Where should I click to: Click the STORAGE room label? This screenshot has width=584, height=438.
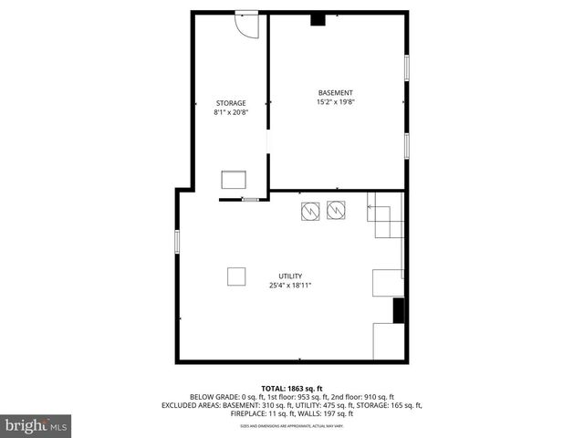point(231,102)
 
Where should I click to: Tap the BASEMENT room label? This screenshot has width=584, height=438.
point(335,92)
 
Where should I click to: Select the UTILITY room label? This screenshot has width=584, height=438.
point(291,276)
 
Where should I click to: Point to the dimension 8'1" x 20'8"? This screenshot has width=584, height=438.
point(231,112)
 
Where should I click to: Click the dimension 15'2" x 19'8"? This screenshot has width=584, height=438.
point(335,102)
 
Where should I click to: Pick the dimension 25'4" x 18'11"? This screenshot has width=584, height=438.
point(291,286)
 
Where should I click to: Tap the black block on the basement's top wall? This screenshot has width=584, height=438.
point(318,18)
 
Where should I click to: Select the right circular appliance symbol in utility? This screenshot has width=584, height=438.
point(336,211)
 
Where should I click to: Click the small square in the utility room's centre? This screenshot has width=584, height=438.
point(236,276)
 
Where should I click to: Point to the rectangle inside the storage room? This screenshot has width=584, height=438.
point(234,179)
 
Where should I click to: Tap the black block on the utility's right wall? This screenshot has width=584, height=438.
point(399,310)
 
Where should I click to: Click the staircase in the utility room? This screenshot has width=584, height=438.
point(386,216)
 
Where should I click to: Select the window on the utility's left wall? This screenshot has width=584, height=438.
point(177,242)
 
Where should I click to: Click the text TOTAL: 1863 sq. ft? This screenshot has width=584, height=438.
point(291,389)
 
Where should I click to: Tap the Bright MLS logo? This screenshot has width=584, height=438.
point(36,425)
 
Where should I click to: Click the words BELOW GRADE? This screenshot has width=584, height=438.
point(213,397)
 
